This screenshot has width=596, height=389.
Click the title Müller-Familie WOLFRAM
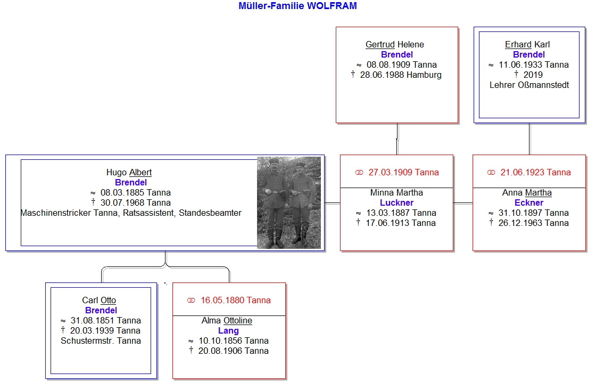tap(297, 6)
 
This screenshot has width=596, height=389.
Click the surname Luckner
tap(396, 203)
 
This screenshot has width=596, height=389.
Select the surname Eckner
tap(529, 203)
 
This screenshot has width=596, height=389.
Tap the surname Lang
tap(228, 331)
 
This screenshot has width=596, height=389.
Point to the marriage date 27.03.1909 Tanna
tap(404, 173)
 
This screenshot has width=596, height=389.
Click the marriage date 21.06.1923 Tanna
tap(535, 173)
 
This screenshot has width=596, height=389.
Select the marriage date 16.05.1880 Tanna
tap(236, 301)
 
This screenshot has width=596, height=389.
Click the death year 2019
tap(533, 75)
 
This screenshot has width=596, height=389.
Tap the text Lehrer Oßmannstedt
tap(529, 85)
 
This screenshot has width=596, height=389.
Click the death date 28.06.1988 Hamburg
tap(401, 75)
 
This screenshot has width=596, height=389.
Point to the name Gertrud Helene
tap(394, 45)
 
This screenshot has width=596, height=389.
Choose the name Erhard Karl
tap(527, 45)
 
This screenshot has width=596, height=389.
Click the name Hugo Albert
tap(129, 173)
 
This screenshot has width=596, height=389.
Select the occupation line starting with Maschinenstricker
tap(131, 213)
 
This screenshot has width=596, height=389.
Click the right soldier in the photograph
tap(301, 204)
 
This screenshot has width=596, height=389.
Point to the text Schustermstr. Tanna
tap(101, 341)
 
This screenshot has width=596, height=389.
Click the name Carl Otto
tap(99, 301)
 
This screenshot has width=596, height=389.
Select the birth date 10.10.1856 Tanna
tap(234, 341)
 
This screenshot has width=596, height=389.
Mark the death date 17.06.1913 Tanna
tap(401, 223)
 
